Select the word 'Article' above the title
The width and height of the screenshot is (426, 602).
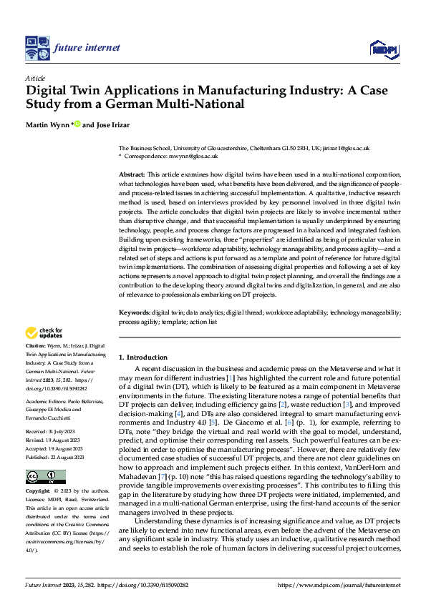click(x=35, y=78)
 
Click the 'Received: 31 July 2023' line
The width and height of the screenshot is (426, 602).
click(x=53, y=433)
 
